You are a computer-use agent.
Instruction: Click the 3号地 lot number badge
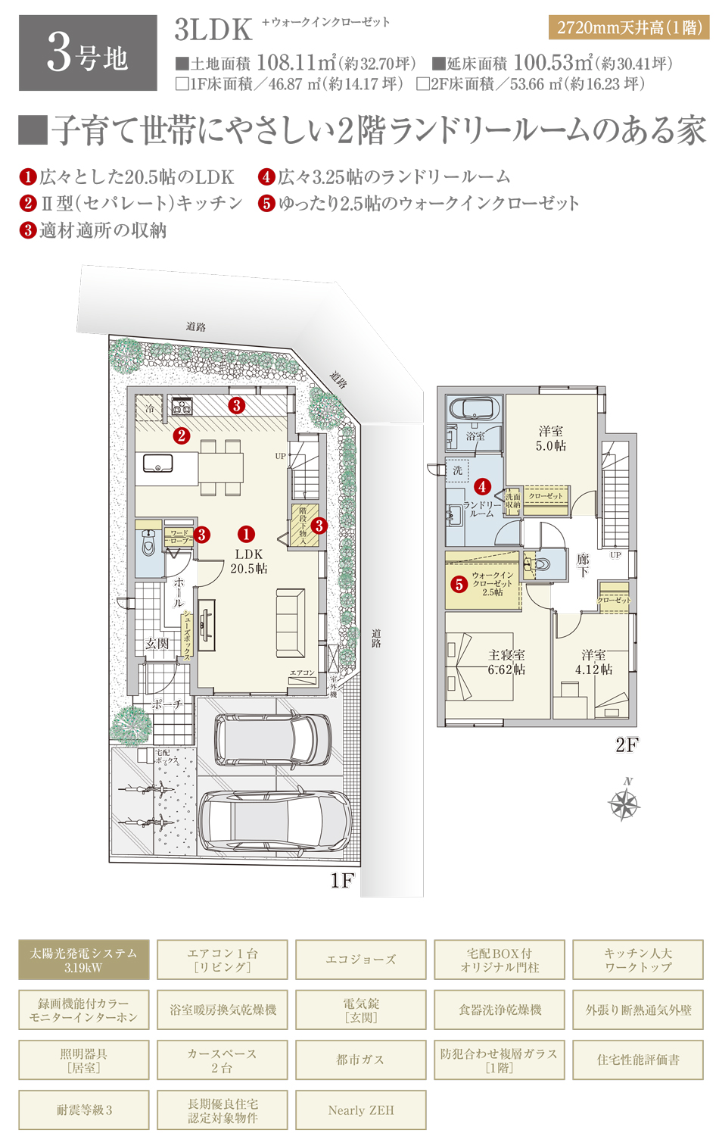88,53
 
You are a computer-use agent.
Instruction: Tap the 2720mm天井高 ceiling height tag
629,28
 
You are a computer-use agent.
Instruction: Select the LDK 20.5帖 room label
249,561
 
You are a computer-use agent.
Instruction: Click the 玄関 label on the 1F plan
157,644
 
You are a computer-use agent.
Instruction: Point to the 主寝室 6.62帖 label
506,662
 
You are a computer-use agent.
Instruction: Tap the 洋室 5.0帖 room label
550,439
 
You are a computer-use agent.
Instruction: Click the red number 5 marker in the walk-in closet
459,584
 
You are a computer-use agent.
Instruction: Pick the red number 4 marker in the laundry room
482,487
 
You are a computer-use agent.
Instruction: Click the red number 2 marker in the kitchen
181,435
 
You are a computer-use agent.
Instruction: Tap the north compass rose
625,804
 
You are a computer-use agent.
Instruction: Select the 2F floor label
627,745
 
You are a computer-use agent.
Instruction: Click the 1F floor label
342,880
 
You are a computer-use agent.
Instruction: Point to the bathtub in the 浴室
472,409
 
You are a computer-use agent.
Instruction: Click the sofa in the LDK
291,623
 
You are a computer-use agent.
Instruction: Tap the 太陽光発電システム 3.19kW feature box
84,960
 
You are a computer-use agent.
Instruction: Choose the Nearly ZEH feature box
361,1110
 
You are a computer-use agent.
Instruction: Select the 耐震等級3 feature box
84,1110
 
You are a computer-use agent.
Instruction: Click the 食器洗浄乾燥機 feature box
500,1010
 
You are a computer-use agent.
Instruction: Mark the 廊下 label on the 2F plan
583,565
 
